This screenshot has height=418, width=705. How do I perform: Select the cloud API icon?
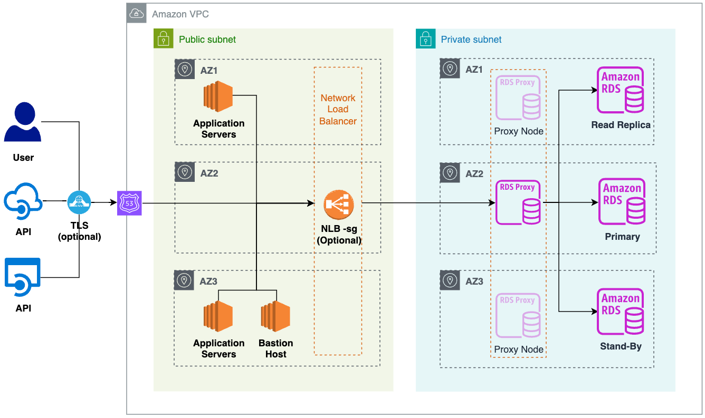pos(23,201)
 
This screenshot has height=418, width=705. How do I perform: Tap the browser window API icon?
pos(23,277)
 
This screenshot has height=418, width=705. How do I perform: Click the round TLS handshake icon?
pos(79,201)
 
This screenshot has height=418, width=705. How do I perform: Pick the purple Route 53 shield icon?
pos(129,203)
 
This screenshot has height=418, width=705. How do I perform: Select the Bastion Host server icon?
pos(275,316)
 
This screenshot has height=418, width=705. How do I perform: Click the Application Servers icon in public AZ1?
pos(218,96)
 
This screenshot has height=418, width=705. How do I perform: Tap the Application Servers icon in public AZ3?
pos(218,316)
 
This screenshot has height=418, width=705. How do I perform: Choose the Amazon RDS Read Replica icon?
pos(621,90)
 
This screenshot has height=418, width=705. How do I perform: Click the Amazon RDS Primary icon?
pos(622,201)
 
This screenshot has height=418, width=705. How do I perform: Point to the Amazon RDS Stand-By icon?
pos(621,312)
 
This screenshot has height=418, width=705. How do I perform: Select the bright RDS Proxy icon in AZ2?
pos(518,203)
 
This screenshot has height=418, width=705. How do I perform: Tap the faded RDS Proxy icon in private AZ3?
pos(518,316)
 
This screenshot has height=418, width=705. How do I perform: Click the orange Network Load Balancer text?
pos(338,110)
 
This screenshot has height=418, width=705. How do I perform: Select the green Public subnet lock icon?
pos(163,39)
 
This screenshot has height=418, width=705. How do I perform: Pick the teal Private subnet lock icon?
pos(425,39)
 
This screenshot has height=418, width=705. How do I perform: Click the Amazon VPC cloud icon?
pos(137,13)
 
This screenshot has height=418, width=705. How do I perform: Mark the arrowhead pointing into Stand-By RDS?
pos(594,312)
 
